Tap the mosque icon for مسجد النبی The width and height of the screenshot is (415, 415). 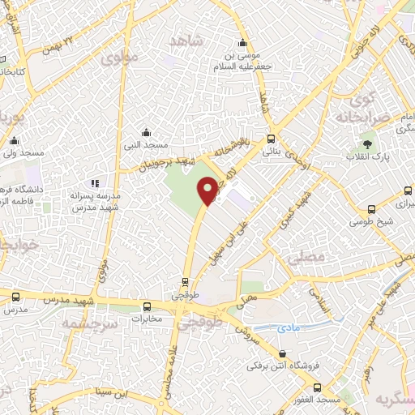(145, 132)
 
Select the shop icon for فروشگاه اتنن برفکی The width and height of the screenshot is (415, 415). (282, 353)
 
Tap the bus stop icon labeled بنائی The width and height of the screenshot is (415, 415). (271, 138)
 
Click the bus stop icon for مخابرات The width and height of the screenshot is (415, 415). (147, 306)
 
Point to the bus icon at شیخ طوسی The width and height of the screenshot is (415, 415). (371, 208)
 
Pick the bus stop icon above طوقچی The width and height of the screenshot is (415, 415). (186, 283)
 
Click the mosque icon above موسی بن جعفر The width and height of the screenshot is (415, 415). (241, 44)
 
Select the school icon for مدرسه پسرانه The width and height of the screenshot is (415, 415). (95, 184)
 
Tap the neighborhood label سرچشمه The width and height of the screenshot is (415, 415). (88, 323)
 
